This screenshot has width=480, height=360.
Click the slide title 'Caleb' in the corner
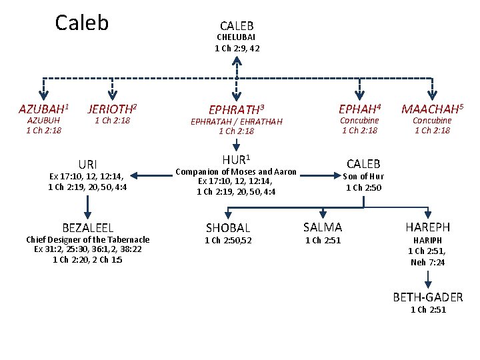click(81, 23)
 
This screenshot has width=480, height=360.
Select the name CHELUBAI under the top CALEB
click(237, 37)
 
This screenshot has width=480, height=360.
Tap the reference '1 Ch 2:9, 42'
click(237, 48)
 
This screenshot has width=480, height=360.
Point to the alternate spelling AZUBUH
click(43, 121)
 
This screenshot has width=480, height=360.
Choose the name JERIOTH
click(112, 108)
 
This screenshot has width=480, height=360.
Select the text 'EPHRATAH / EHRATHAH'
click(236, 121)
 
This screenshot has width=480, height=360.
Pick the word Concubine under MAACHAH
click(432, 121)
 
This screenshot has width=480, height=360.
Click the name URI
click(87, 164)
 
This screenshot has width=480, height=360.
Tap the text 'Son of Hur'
click(363, 177)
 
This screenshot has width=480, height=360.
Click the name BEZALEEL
click(87, 227)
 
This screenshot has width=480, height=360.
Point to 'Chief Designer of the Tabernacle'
click(87, 239)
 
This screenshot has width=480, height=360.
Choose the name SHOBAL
click(228, 228)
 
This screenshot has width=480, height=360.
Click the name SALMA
click(323, 227)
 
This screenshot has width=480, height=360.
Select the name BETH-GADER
click(427, 297)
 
